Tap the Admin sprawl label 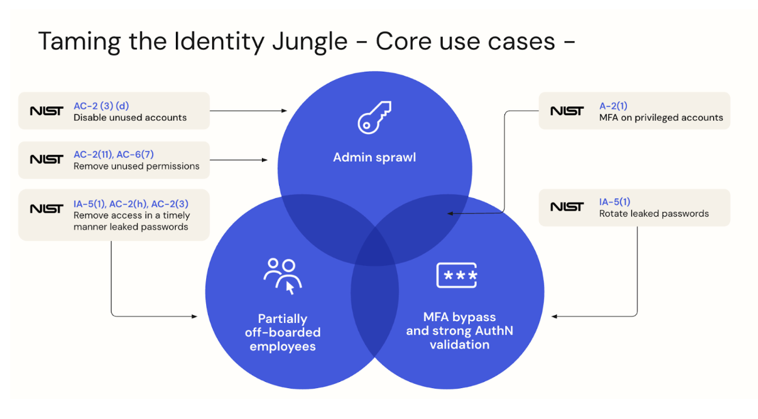[374, 158]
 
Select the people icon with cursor [283, 276]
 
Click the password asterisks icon [457, 275]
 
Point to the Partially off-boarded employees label [283, 332]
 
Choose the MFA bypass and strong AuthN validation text [459, 330]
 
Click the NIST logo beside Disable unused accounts [46, 111]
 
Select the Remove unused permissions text [136, 166]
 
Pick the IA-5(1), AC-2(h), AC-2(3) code [129, 203]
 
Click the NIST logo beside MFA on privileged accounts [567, 111]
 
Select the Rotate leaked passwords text [654, 214]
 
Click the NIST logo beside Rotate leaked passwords [567, 207]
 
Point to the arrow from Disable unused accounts [248, 111]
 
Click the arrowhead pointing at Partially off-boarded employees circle [195, 316]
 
